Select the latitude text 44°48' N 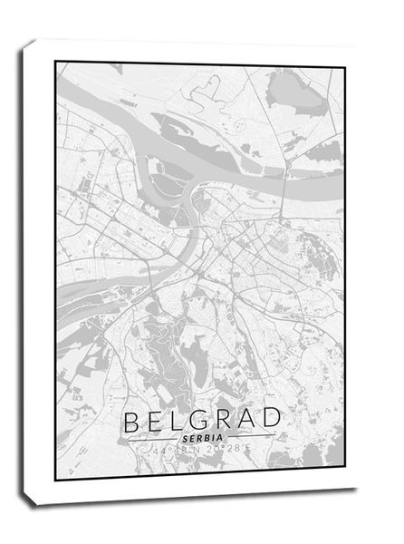click(x=172, y=448)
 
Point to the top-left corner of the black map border click(x=56, y=62)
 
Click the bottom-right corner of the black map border click(x=345, y=480)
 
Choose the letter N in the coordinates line click(x=198, y=448)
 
